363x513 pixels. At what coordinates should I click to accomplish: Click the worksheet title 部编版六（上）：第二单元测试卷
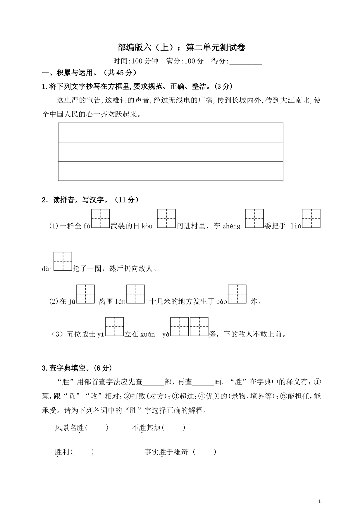(x=181, y=47)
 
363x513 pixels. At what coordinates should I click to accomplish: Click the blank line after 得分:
(x=246, y=61)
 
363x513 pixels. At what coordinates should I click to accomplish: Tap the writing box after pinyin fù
(x=101, y=218)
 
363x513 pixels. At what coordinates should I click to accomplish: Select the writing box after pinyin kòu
(x=166, y=218)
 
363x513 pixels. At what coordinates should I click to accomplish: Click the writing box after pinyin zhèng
(x=254, y=218)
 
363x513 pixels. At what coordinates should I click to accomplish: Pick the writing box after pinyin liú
(x=311, y=218)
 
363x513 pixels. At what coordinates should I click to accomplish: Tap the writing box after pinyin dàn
(x=63, y=261)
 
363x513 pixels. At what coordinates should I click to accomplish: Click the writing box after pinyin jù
(x=85, y=294)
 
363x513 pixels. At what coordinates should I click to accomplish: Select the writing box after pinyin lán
(x=136, y=294)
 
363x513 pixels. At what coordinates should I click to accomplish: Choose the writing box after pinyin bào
(x=237, y=294)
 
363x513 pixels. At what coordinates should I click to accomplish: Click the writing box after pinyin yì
(x=114, y=326)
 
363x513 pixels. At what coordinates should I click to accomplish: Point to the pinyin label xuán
(x=147, y=334)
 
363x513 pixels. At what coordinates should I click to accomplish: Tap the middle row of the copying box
(x=171, y=152)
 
